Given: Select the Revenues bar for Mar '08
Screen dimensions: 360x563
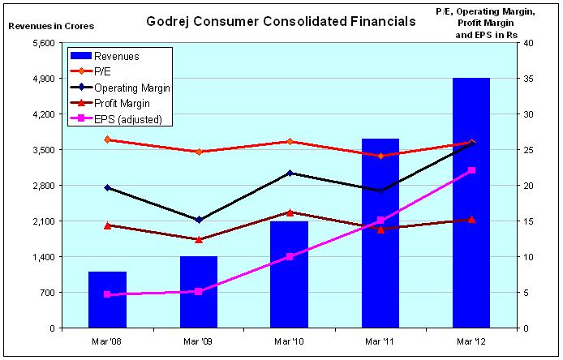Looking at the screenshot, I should tap(108, 300).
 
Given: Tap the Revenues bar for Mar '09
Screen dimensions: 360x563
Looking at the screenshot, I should tap(199, 292).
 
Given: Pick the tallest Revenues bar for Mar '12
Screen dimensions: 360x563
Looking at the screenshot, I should tap(471, 203).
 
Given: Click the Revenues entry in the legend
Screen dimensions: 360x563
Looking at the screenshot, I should tap(118, 57).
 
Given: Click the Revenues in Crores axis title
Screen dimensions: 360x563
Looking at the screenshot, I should tap(50, 26).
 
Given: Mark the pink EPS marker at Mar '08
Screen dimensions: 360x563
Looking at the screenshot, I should tap(108, 294).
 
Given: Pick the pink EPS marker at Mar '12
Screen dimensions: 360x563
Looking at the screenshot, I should tap(471, 170).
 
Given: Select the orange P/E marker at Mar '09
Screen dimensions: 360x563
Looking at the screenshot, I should tap(199, 152).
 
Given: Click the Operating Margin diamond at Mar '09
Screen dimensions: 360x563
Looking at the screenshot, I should tap(199, 220).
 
